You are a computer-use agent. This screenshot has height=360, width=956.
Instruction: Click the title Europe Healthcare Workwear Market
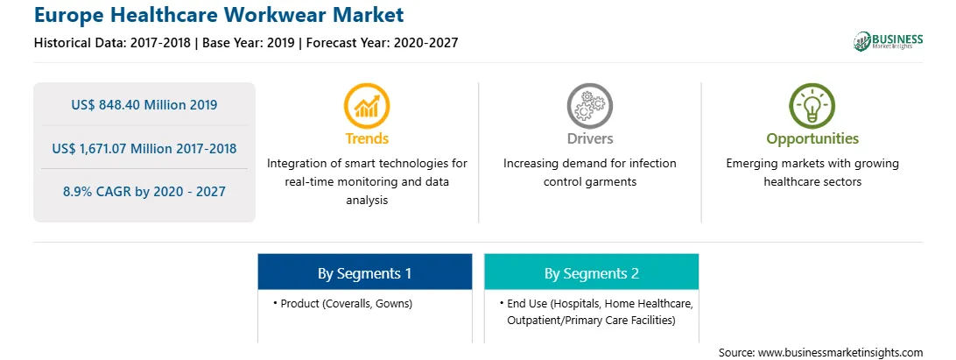(x=219, y=14)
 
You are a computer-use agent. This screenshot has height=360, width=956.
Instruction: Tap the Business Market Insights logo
(x=888, y=41)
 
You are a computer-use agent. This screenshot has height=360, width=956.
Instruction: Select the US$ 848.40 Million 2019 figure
(x=144, y=104)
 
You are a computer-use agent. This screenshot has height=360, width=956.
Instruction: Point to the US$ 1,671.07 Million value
(x=122, y=148)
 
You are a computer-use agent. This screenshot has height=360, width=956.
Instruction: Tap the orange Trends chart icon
(x=367, y=106)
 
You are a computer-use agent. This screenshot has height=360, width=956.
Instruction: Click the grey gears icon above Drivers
(x=589, y=106)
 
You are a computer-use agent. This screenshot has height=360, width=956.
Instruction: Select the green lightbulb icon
(x=812, y=106)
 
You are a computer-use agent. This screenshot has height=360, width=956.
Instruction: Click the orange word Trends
(x=367, y=138)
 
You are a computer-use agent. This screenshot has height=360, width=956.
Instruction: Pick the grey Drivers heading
(x=589, y=138)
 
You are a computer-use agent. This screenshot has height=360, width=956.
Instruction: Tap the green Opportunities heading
(x=812, y=139)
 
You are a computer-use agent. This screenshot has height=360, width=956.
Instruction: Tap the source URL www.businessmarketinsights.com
(x=840, y=353)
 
